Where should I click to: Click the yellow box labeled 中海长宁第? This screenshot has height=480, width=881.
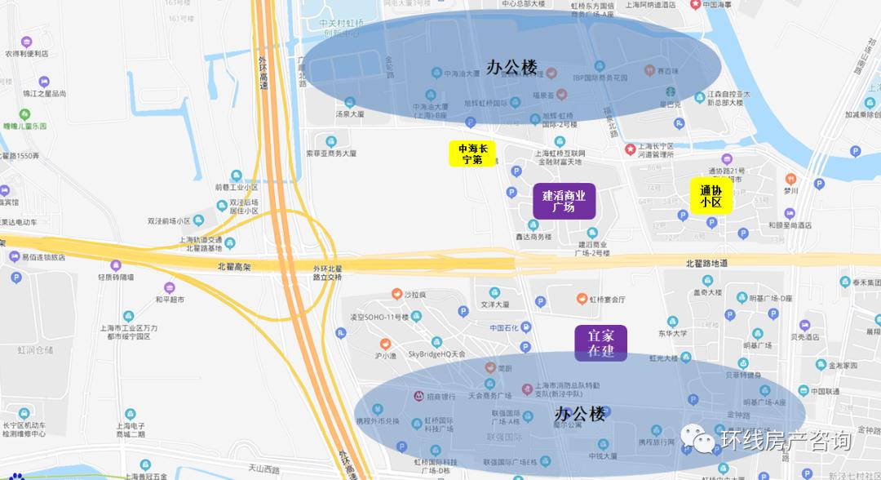[x=472, y=153]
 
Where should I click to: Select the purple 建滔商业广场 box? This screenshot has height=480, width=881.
[x=564, y=201]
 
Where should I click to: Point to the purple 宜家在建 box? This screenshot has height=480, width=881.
[x=601, y=343]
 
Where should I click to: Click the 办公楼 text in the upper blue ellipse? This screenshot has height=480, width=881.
[x=511, y=68]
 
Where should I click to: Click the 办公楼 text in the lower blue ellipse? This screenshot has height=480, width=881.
[x=579, y=414]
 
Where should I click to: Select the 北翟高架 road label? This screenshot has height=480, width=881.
[x=234, y=267]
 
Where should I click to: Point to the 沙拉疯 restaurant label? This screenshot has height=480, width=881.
[x=414, y=295]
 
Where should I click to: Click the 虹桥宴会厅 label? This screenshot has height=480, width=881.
[x=607, y=300]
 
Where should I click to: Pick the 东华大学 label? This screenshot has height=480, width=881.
[x=673, y=333]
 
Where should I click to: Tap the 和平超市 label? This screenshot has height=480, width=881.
[x=170, y=299]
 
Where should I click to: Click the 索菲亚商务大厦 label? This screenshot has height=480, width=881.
[x=331, y=153]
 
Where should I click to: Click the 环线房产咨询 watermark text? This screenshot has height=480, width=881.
[x=785, y=441]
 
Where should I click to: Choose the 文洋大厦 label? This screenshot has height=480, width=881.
[x=494, y=304]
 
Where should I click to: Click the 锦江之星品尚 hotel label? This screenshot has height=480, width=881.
[x=44, y=93]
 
